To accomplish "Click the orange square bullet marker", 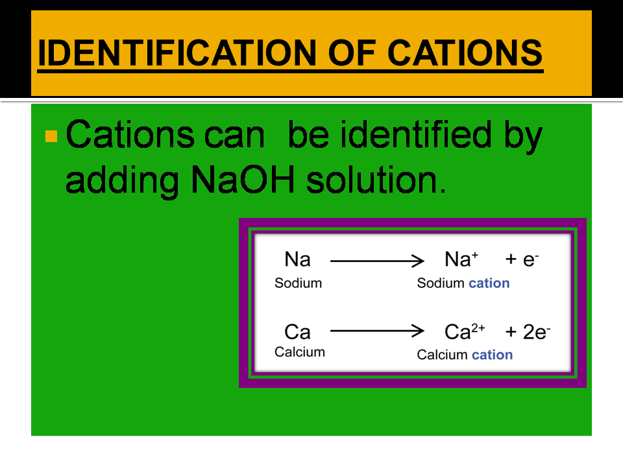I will coord(52,136).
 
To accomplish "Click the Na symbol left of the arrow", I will coord(297,260).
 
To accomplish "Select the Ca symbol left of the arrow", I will coord(297,332).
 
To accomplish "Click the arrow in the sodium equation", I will coord(376,261).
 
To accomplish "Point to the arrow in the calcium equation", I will coord(376,332).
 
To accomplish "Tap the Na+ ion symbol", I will coord(461,259).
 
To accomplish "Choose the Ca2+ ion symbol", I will coord(465,331).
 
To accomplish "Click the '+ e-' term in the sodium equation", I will coord(522,260).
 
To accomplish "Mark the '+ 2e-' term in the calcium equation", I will coord(528,332).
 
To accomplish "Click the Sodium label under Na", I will coord(298,283).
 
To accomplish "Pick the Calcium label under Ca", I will coord(299,352).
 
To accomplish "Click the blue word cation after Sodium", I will coord(489,283).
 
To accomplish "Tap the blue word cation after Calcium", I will coord(492,355).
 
